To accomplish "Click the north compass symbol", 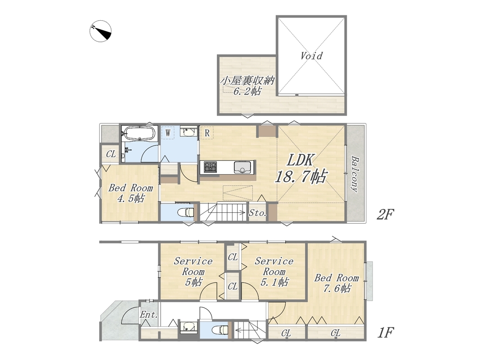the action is coord(100,31).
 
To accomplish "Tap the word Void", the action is coord(311,56).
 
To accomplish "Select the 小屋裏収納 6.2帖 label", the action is coord(247,85).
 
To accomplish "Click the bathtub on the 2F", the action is coord(139,134).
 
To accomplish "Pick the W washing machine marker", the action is coord(168,133).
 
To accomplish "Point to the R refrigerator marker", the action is coord(207,133).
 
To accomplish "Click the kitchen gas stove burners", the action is coord(210,167).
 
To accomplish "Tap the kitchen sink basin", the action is coord(243,167).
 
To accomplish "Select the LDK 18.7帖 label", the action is coord(301,169).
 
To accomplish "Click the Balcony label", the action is coord(355,174).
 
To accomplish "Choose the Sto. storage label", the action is coord(257,213).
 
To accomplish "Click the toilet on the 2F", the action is coord(186,212).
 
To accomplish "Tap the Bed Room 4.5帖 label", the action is coord(131,193).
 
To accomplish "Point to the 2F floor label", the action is coord(385,215).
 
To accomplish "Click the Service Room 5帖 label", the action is coord(193,271).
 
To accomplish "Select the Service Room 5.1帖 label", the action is coord(274,271).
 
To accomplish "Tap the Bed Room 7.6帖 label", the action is coord(337,283).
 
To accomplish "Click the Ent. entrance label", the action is coord(149,315).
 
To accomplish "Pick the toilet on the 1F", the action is coord(220,330).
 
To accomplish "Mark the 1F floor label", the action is coord(385,333).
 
